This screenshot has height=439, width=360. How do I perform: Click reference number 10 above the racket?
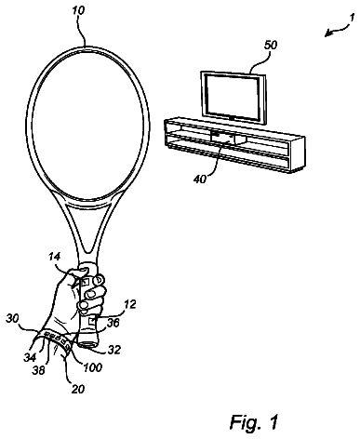point(78,11)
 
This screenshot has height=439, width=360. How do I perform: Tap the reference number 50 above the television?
point(270,46)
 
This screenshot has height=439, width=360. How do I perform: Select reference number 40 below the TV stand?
point(200,179)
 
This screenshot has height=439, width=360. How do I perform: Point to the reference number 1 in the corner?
point(352,19)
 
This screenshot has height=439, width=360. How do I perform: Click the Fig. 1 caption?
point(254,420)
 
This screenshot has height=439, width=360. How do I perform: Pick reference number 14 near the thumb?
point(54,257)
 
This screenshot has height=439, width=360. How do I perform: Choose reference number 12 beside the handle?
point(129,304)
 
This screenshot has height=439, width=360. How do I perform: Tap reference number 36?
point(113,323)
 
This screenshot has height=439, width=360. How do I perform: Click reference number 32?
point(113,350)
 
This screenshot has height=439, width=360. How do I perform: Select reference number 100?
point(93,367)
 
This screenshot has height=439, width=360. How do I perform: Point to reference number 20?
point(77,389)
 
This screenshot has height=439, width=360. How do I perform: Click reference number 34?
point(30,357)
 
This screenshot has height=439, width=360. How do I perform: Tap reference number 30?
point(12,318)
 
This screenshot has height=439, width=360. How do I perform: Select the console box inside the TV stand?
point(222,138)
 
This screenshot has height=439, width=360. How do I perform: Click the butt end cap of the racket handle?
point(88,343)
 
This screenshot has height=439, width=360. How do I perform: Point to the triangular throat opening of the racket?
point(88,226)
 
